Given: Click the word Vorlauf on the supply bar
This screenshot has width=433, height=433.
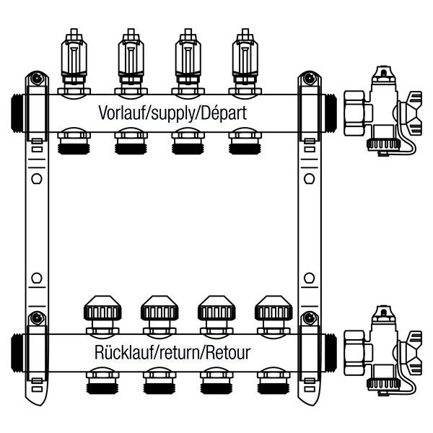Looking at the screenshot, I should [120, 113].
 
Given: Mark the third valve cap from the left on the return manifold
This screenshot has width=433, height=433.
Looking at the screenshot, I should [213, 312].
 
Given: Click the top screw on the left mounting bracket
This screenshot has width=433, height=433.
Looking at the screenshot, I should [34, 78].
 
